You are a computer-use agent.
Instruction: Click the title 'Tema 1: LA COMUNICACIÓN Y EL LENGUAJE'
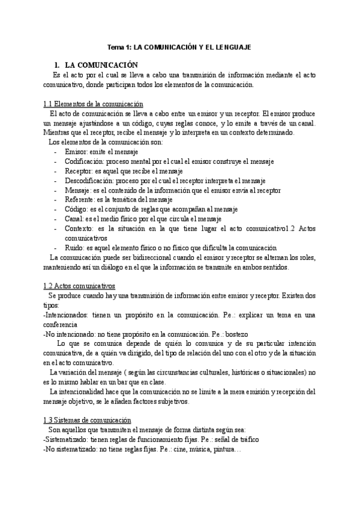click(x=179, y=46)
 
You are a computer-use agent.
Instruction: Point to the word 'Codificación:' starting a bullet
click(x=85, y=161)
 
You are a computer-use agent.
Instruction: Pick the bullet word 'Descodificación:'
click(x=89, y=181)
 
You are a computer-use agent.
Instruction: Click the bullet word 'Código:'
click(x=77, y=209)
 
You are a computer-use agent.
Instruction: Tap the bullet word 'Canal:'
click(x=75, y=218)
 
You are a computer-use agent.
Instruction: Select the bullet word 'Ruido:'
click(x=76, y=247)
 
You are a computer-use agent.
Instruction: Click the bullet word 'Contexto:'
click(x=80, y=228)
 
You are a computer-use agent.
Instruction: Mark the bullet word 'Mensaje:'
click(x=80, y=190)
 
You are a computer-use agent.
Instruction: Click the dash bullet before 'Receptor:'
click(x=55, y=171)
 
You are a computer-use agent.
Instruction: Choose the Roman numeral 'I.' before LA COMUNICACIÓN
click(x=56, y=64)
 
